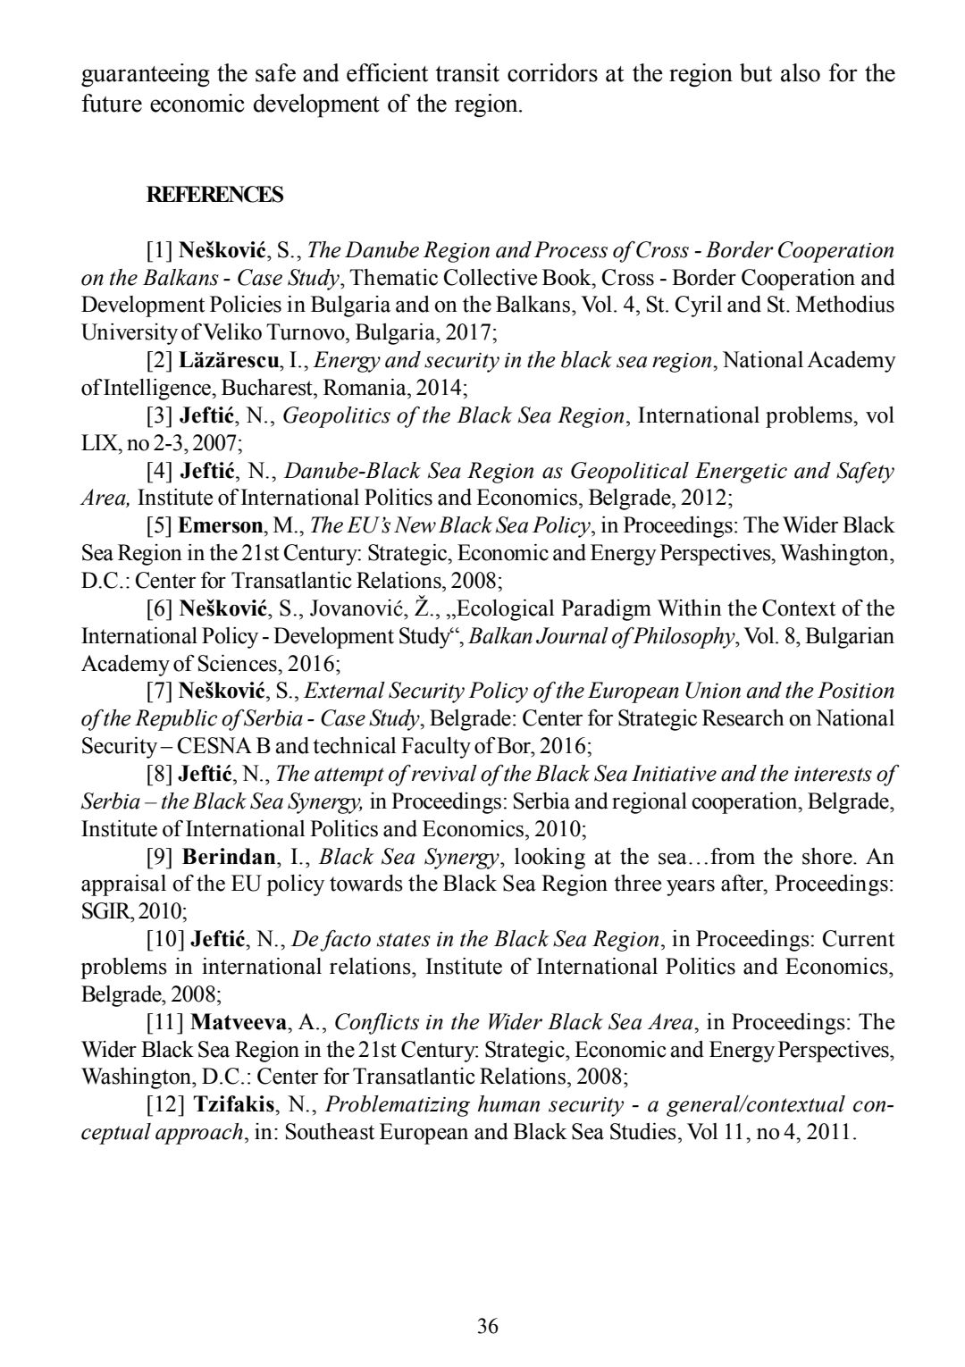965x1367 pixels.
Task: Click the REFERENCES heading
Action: (214, 195)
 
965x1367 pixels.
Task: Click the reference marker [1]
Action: (160, 250)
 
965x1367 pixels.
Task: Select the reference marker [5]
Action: (160, 525)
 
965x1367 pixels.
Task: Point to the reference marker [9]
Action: (160, 858)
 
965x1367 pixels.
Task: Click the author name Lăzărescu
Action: (229, 361)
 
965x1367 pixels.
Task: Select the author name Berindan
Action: (229, 858)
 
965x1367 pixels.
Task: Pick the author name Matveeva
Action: (239, 1022)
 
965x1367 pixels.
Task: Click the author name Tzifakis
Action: (234, 1105)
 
